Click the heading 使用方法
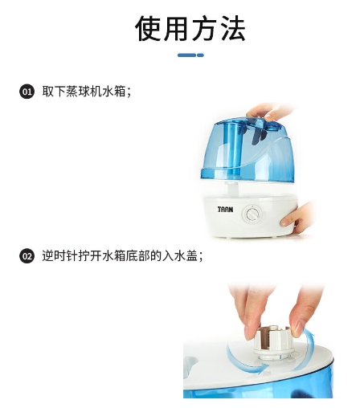tap(190, 28)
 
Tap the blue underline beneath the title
tap(190, 55)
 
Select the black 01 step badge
tap(27, 92)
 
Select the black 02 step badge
tap(27, 256)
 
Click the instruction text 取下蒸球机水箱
tap(84, 92)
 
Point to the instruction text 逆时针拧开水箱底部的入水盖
tap(120, 256)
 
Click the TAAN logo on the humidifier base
tap(225, 210)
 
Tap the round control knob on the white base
tap(252, 214)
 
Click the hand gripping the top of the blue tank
tap(269, 112)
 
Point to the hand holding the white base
tap(297, 218)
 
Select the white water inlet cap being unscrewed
tap(273, 342)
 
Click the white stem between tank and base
tap(232, 189)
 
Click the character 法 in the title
tap(232, 28)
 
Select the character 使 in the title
tap(148, 28)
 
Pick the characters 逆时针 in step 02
tap(59, 256)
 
